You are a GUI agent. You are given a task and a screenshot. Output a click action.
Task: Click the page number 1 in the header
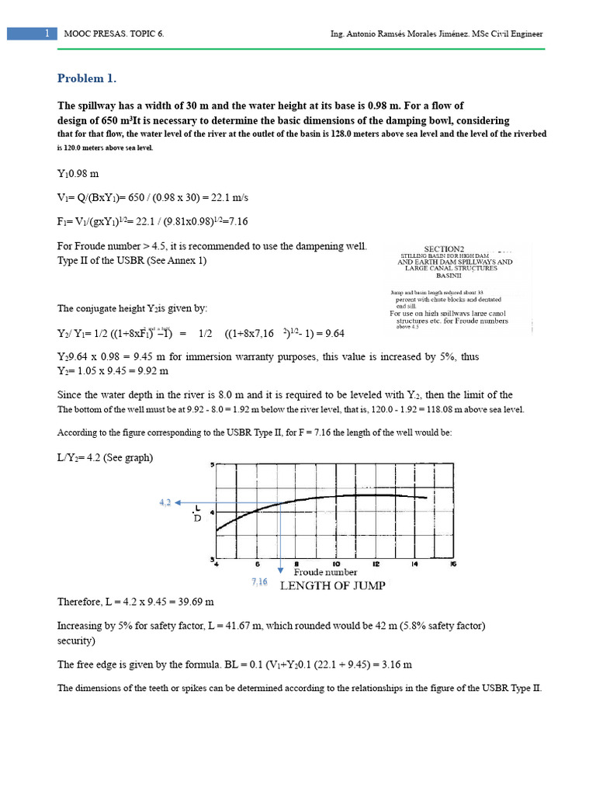click(x=47, y=34)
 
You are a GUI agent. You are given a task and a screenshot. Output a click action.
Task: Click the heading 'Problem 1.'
click(x=87, y=78)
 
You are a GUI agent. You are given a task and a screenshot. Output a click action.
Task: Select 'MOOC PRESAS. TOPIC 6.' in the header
click(x=117, y=34)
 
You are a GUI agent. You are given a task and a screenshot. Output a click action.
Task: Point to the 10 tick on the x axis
click(x=335, y=564)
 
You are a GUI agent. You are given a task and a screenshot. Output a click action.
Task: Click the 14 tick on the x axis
click(x=414, y=564)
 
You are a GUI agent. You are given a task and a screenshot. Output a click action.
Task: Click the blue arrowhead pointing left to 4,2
click(x=183, y=502)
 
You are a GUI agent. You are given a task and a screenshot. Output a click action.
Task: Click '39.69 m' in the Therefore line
click(x=191, y=602)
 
